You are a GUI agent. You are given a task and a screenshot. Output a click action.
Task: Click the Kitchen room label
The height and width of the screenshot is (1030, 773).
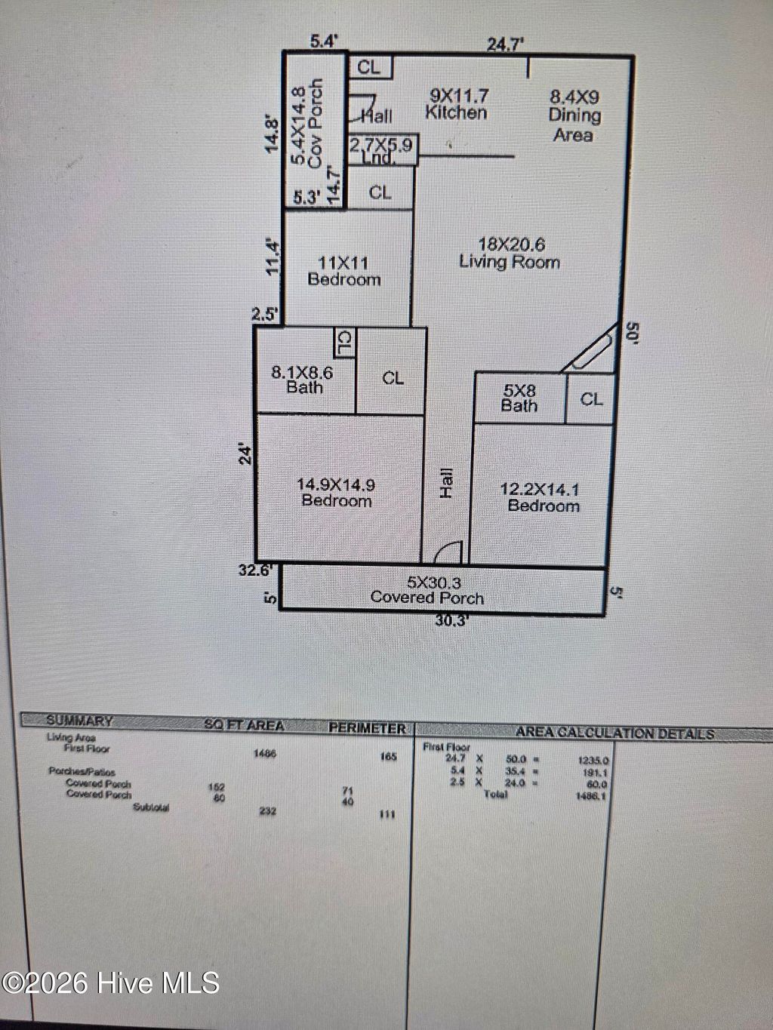[457, 105]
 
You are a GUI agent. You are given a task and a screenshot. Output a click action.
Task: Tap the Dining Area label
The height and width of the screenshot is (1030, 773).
[574, 115]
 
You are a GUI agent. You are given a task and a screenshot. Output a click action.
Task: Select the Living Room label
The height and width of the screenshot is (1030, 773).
[510, 253]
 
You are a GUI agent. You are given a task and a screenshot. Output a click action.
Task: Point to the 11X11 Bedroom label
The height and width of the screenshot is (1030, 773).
[343, 271]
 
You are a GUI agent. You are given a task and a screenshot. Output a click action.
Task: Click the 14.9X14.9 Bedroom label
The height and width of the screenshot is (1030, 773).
[337, 492]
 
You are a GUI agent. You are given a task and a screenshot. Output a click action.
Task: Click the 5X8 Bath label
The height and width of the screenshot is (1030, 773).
[519, 398]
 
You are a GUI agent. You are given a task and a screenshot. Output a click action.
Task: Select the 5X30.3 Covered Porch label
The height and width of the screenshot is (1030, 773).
[427, 590]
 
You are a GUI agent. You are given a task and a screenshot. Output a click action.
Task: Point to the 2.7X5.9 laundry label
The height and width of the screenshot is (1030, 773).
[381, 149]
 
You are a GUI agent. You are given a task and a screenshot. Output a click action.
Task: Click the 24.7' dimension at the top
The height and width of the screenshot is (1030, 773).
[505, 44]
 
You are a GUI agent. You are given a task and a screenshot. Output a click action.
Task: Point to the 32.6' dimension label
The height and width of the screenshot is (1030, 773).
[254, 570]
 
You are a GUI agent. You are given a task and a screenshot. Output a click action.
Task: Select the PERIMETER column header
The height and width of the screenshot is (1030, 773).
[367, 728]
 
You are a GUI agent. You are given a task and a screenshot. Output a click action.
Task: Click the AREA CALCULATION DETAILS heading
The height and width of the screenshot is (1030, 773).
[614, 733]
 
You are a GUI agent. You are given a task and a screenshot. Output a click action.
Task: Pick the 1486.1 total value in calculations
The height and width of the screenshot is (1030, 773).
[592, 795]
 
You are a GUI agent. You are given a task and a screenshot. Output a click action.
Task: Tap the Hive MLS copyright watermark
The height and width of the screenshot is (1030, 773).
[110, 982]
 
